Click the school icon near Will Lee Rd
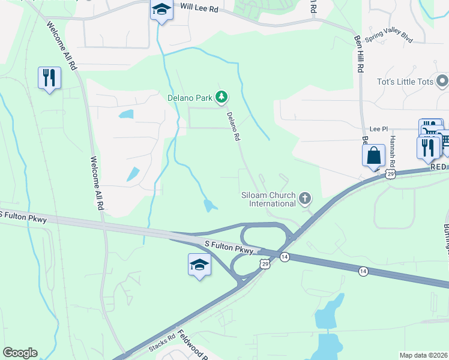coord(160,11)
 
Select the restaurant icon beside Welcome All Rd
coord(49,78)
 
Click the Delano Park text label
coord(190,97)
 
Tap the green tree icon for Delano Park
coord(221,96)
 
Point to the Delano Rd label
coord(233,127)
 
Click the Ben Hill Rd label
coord(359,54)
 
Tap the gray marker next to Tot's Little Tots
coord(442,80)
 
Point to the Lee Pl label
coord(376,129)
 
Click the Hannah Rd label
coord(391,151)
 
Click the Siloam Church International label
coord(273,199)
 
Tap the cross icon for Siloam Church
coord(306,198)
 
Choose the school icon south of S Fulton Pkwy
coord(199,265)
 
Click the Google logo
coord(20,353)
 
